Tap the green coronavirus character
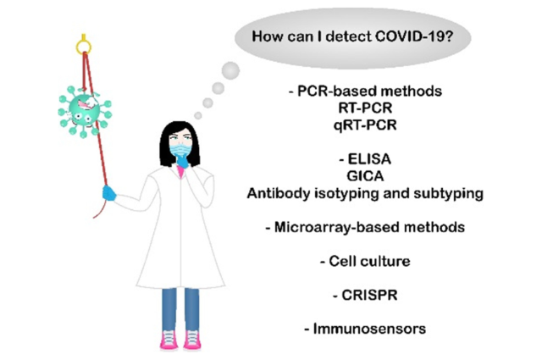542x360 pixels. (85, 111)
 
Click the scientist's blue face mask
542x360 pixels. (180, 150)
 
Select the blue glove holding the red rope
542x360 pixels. (109, 193)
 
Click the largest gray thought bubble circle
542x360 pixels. (230, 70)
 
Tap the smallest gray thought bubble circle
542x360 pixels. (198, 115)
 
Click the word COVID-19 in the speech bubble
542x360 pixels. (414, 36)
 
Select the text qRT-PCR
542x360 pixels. (365, 125)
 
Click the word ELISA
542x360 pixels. (369, 159)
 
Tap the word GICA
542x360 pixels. (365, 176)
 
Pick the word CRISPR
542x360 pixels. (369, 295)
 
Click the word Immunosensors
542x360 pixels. (369, 329)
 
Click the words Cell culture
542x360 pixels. (369, 261)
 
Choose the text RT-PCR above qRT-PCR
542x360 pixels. (365, 108)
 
